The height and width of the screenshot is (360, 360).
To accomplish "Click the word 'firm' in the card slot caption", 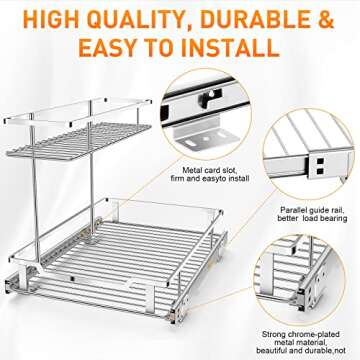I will (x=192, y=153).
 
